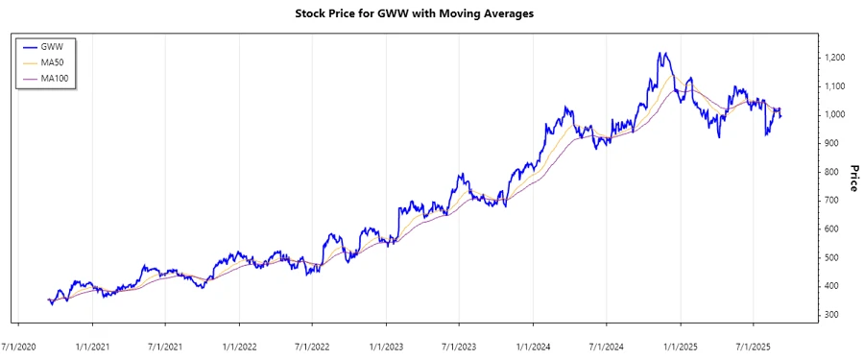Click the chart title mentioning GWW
coord(431,15)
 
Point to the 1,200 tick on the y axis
coord(836,58)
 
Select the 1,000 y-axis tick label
coord(836,115)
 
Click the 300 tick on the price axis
coord(831,316)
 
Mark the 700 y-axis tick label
coord(831,201)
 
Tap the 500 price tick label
coord(831,258)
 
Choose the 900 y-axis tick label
coord(831,144)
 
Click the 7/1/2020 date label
coord(19,343)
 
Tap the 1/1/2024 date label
coord(534,343)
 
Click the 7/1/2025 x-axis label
coord(755,343)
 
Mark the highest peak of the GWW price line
coord(660,54)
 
